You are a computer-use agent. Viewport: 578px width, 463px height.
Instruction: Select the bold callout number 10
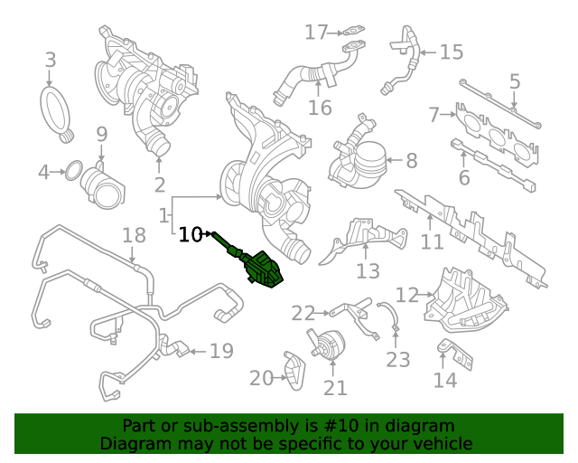tap(191, 235)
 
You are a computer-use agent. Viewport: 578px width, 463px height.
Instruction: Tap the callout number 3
tap(51, 61)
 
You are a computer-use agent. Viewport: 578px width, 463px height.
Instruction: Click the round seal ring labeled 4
tap(77, 170)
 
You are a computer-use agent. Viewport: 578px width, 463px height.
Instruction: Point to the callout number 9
tap(102, 135)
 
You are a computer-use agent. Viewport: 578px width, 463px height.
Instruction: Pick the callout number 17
tap(315, 33)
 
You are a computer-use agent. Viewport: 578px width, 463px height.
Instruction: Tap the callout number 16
tap(320, 109)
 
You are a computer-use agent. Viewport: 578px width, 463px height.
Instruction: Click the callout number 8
tap(411, 162)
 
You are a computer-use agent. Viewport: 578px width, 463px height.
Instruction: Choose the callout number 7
tap(433, 115)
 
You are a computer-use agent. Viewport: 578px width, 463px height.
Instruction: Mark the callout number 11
tap(432, 241)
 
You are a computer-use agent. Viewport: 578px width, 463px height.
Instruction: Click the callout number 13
tap(368, 270)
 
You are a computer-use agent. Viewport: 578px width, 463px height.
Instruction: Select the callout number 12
tap(407, 294)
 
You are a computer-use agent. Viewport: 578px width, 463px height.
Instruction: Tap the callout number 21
tap(335, 387)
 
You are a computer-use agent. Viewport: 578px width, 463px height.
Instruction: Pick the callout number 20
tap(261, 378)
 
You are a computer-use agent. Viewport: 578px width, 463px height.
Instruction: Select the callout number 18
tap(134, 236)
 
